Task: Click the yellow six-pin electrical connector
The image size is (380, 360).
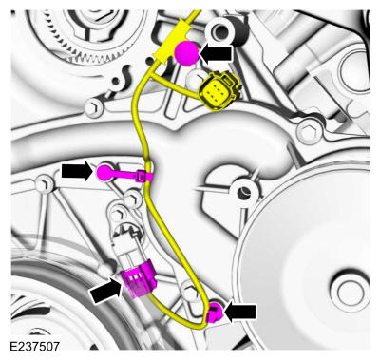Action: (218, 91)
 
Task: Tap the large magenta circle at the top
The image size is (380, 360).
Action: (187, 53)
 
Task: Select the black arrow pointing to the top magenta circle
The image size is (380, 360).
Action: (217, 53)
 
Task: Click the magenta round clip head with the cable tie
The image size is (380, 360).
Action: (104, 172)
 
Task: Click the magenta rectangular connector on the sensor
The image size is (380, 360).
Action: (139, 279)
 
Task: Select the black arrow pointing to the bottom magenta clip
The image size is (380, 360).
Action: (239, 312)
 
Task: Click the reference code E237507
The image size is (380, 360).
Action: (34, 346)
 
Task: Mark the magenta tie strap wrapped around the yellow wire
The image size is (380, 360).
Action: (144, 176)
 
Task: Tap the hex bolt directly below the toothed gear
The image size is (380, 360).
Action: (93, 107)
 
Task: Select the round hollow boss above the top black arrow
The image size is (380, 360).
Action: (222, 30)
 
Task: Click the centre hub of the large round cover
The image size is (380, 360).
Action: (349, 290)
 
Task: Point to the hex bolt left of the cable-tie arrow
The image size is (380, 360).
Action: (44, 184)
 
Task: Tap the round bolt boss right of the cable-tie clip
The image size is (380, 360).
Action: (244, 193)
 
